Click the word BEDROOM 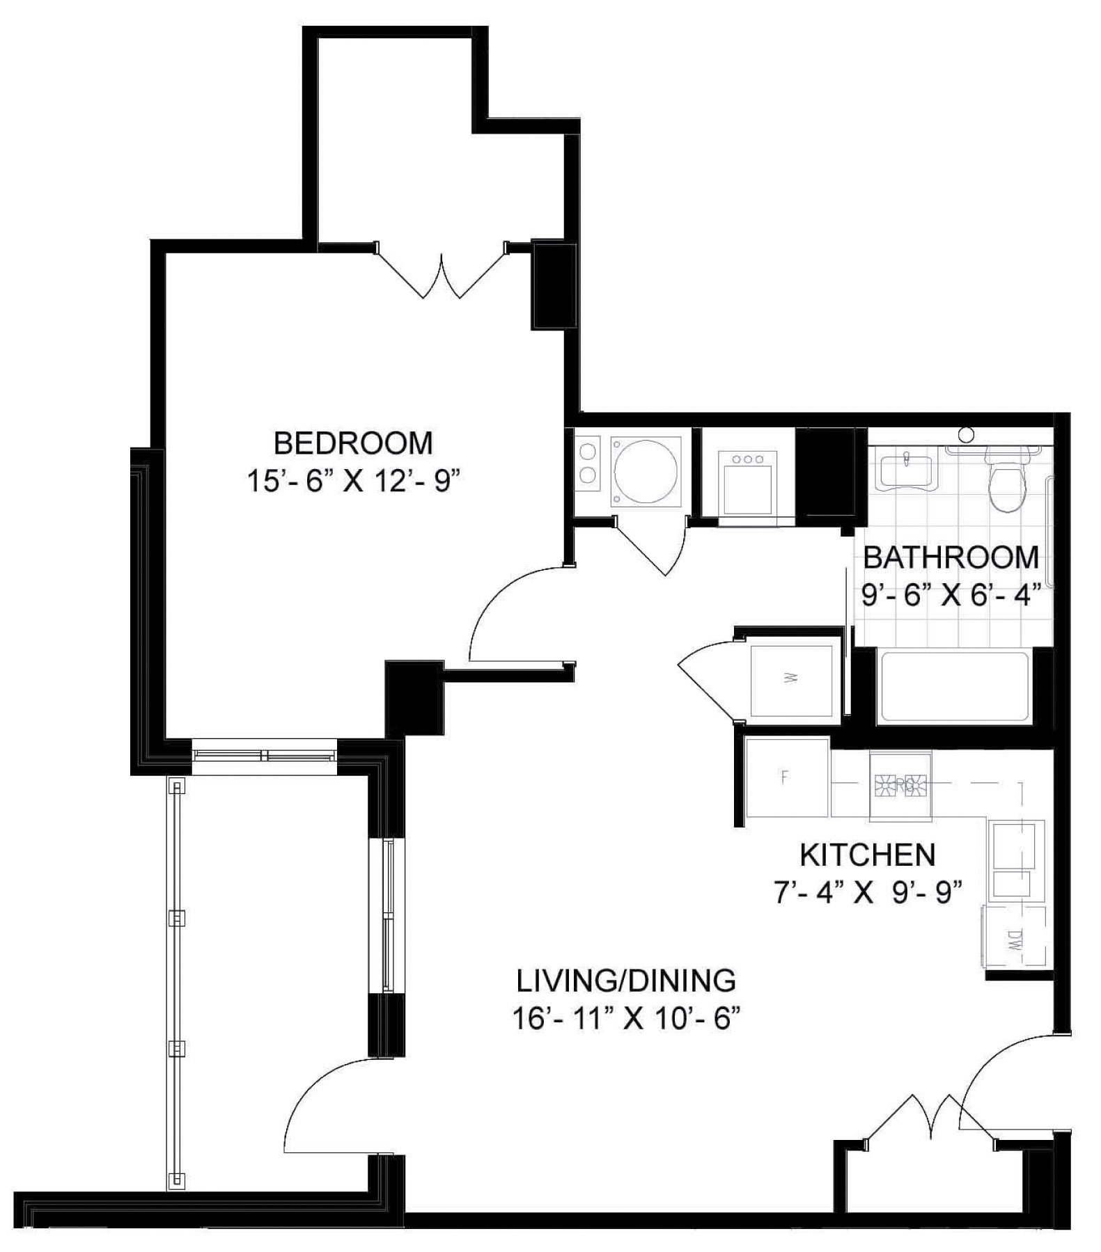[x=352, y=443]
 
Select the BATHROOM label [x=951, y=557]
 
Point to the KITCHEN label [x=867, y=855]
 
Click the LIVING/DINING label [x=625, y=981]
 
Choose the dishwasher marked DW [x=1014, y=936]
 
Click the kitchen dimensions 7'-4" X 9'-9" [x=868, y=892]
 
